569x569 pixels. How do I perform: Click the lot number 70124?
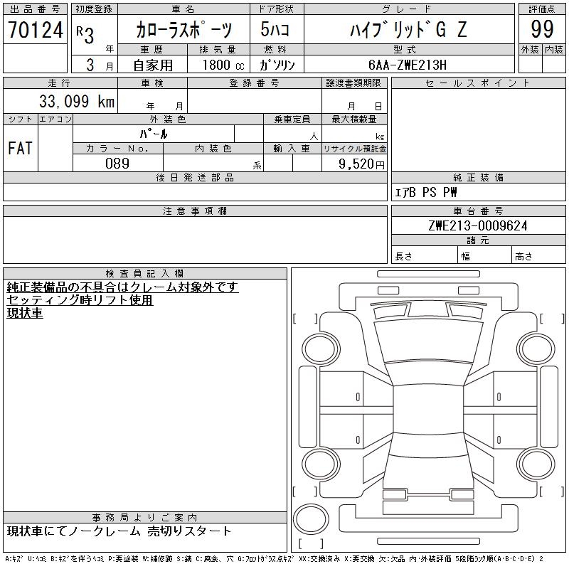[35, 30]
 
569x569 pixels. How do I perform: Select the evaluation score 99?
[542, 29]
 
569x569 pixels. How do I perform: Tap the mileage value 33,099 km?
[77, 101]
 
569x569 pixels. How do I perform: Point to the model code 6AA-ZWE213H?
[407, 65]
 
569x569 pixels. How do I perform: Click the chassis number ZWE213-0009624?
[478, 225]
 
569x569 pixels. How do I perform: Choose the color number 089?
[117, 164]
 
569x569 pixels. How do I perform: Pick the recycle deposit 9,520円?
[361, 164]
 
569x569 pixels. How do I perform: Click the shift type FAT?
[20, 148]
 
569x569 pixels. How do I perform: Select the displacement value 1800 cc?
[223, 65]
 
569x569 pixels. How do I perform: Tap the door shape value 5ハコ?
[275, 29]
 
